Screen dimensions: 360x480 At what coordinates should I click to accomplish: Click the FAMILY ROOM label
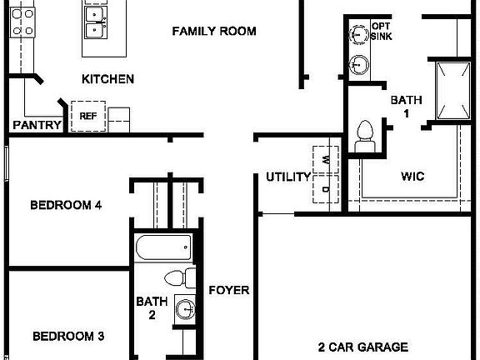[x=214, y=32]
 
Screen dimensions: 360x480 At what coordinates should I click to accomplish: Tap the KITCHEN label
[x=107, y=80]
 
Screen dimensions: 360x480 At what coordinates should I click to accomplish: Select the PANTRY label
[x=37, y=126]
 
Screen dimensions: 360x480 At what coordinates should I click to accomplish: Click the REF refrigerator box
[x=87, y=116]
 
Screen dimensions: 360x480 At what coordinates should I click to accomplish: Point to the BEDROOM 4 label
[x=66, y=205]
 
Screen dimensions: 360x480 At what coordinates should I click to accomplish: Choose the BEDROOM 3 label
[x=68, y=337]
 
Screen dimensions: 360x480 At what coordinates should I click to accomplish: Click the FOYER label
[x=229, y=290]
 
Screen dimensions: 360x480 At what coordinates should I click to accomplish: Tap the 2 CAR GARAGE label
[x=362, y=347]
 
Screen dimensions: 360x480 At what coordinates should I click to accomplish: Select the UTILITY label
[x=288, y=177]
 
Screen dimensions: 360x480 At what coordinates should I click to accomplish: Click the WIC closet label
[x=412, y=177]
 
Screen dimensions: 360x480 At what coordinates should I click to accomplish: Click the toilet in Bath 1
[x=364, y=135]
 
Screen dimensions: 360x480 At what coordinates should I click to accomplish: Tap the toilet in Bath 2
[x=177, y=278]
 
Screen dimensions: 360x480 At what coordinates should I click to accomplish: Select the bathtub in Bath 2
[x=163, y=247]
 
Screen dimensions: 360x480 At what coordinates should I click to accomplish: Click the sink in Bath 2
[x=186, y=312]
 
